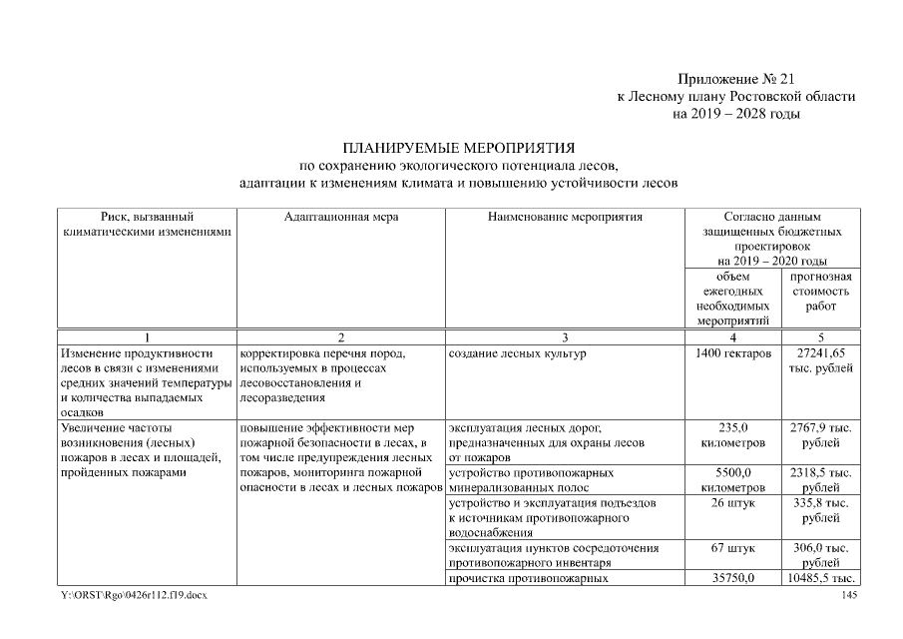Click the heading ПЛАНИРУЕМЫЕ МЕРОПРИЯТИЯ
pos(459,147)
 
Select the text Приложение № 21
pos(737,78)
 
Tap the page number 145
pos(849,596)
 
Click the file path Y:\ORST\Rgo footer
pos(135,596)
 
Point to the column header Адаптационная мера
pos(341,216)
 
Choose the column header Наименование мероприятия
pos(565,216)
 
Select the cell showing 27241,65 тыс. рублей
pos(819,361)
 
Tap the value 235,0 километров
pos(734,434)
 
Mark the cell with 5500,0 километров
pos(734,479)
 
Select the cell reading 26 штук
pos(734,503)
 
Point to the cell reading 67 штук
pos(734,548)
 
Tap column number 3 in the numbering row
pos(565,336)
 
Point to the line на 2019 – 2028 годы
pos(737,113)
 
